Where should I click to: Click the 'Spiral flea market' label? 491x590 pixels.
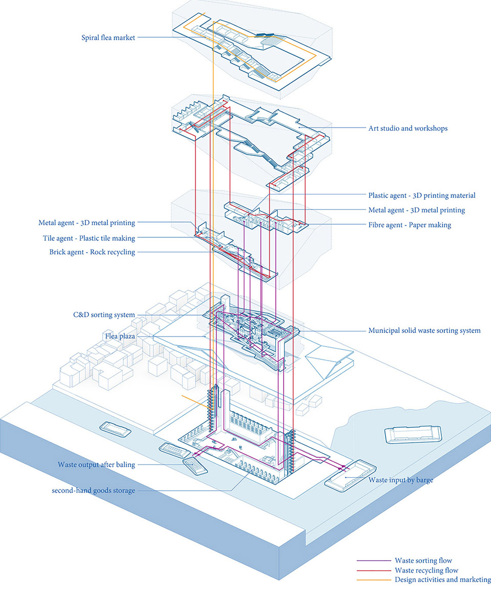pyautogui.click(x=108, y=37)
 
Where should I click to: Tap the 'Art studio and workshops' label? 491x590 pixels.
pyautogui.click(x=408, y=129)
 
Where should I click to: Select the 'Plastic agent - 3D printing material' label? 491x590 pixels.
pyautogui.click(x=422, y=196)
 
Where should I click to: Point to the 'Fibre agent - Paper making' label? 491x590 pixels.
pyautogui.click(x=410, y=225)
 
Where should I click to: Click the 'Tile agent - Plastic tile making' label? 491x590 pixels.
pyautogui.click(x=89, y=238)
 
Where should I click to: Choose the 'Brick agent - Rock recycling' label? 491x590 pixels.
pyautogui.click(x=92, y=252)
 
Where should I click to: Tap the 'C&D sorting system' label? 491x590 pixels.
pyautogui.click(x=104, y=315)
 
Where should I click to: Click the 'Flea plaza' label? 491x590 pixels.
pyautogui.click(x=120, y=336)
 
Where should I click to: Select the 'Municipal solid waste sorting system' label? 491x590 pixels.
pyautogui.click(x=424, y=331)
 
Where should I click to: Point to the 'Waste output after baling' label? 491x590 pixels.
pyautogui.click(x=96, y=465)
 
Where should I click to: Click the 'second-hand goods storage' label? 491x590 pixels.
pyautogui.click(x=93, y=491)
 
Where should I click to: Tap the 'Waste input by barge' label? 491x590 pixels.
pyautogui.click(x=400, y=480)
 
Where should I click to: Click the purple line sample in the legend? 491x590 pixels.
pyautogui.click(x=374, y=561)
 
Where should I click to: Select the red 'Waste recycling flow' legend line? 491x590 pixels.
pyautogui.click(x=374, y=571)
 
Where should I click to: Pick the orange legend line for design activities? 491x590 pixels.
pyautogui.click(x=374, y=580)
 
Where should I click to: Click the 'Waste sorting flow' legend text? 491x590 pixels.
pyautogui.click(x=423, y=561)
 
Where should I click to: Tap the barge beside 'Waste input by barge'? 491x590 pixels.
pyautogui.click(x=350, y=476)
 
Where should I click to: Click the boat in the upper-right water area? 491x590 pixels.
pyautogui.click(x=413, y=435)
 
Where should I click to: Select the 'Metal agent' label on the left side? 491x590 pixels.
pyautogui.click(x=87, y=223)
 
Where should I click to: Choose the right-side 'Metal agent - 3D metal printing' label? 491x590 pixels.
pyautogui.click(x=417, y=210)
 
